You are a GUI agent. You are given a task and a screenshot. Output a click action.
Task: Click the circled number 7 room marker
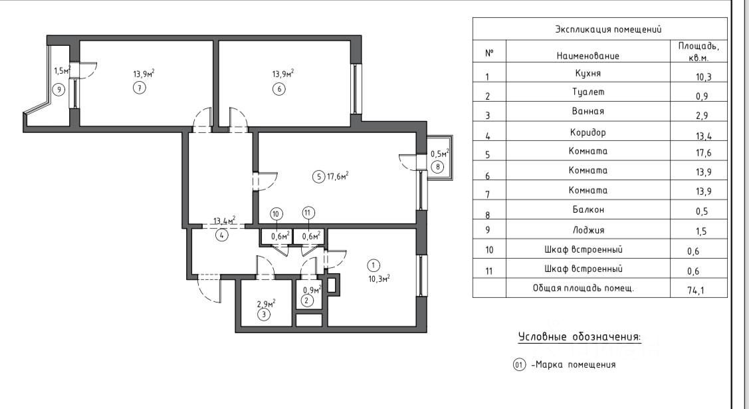point(139,88)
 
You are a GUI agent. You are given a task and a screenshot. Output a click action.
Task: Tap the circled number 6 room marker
point(279,88)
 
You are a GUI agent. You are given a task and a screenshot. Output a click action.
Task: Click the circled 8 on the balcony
point(437,167)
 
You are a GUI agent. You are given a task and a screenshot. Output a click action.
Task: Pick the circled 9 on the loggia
point(59,89)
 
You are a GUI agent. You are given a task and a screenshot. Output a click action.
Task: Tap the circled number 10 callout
point(276,213)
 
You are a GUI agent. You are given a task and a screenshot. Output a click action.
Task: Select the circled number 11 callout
point(308,213)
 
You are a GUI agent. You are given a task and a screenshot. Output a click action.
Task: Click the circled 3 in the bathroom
point(264,315)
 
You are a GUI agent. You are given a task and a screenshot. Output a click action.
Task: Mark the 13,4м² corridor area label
point(224,221)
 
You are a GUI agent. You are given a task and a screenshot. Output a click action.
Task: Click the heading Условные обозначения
point(580,338)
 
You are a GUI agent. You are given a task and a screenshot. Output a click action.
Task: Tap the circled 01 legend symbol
point(519,364)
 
